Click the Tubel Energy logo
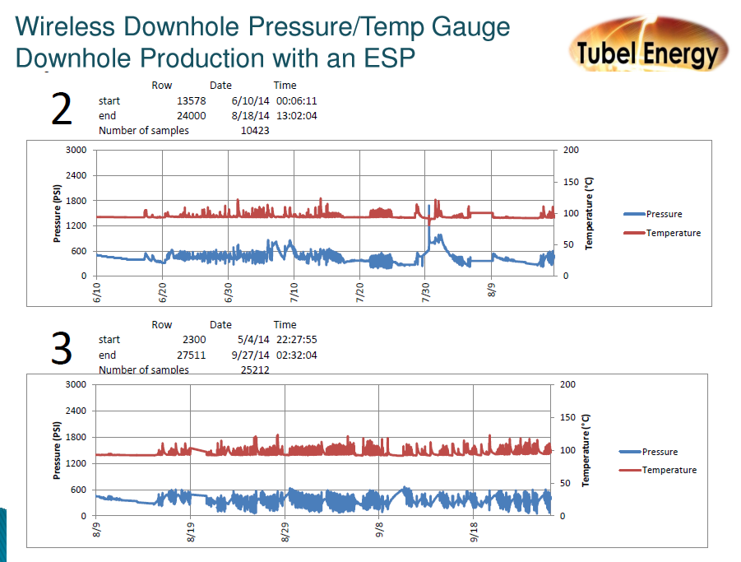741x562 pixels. tap(646, 45)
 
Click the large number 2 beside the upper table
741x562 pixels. tap(62, 109)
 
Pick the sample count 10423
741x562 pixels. tap(255, 131)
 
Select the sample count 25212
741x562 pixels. tap(255, 370)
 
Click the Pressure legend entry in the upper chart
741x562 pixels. tap(664, 214)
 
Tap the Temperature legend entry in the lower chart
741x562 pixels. tap(669, 470)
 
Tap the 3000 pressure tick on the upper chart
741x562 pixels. tap(76, 150)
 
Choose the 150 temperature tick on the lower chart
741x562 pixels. tap(568, 417)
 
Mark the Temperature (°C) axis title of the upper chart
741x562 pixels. tap(589, 212)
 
